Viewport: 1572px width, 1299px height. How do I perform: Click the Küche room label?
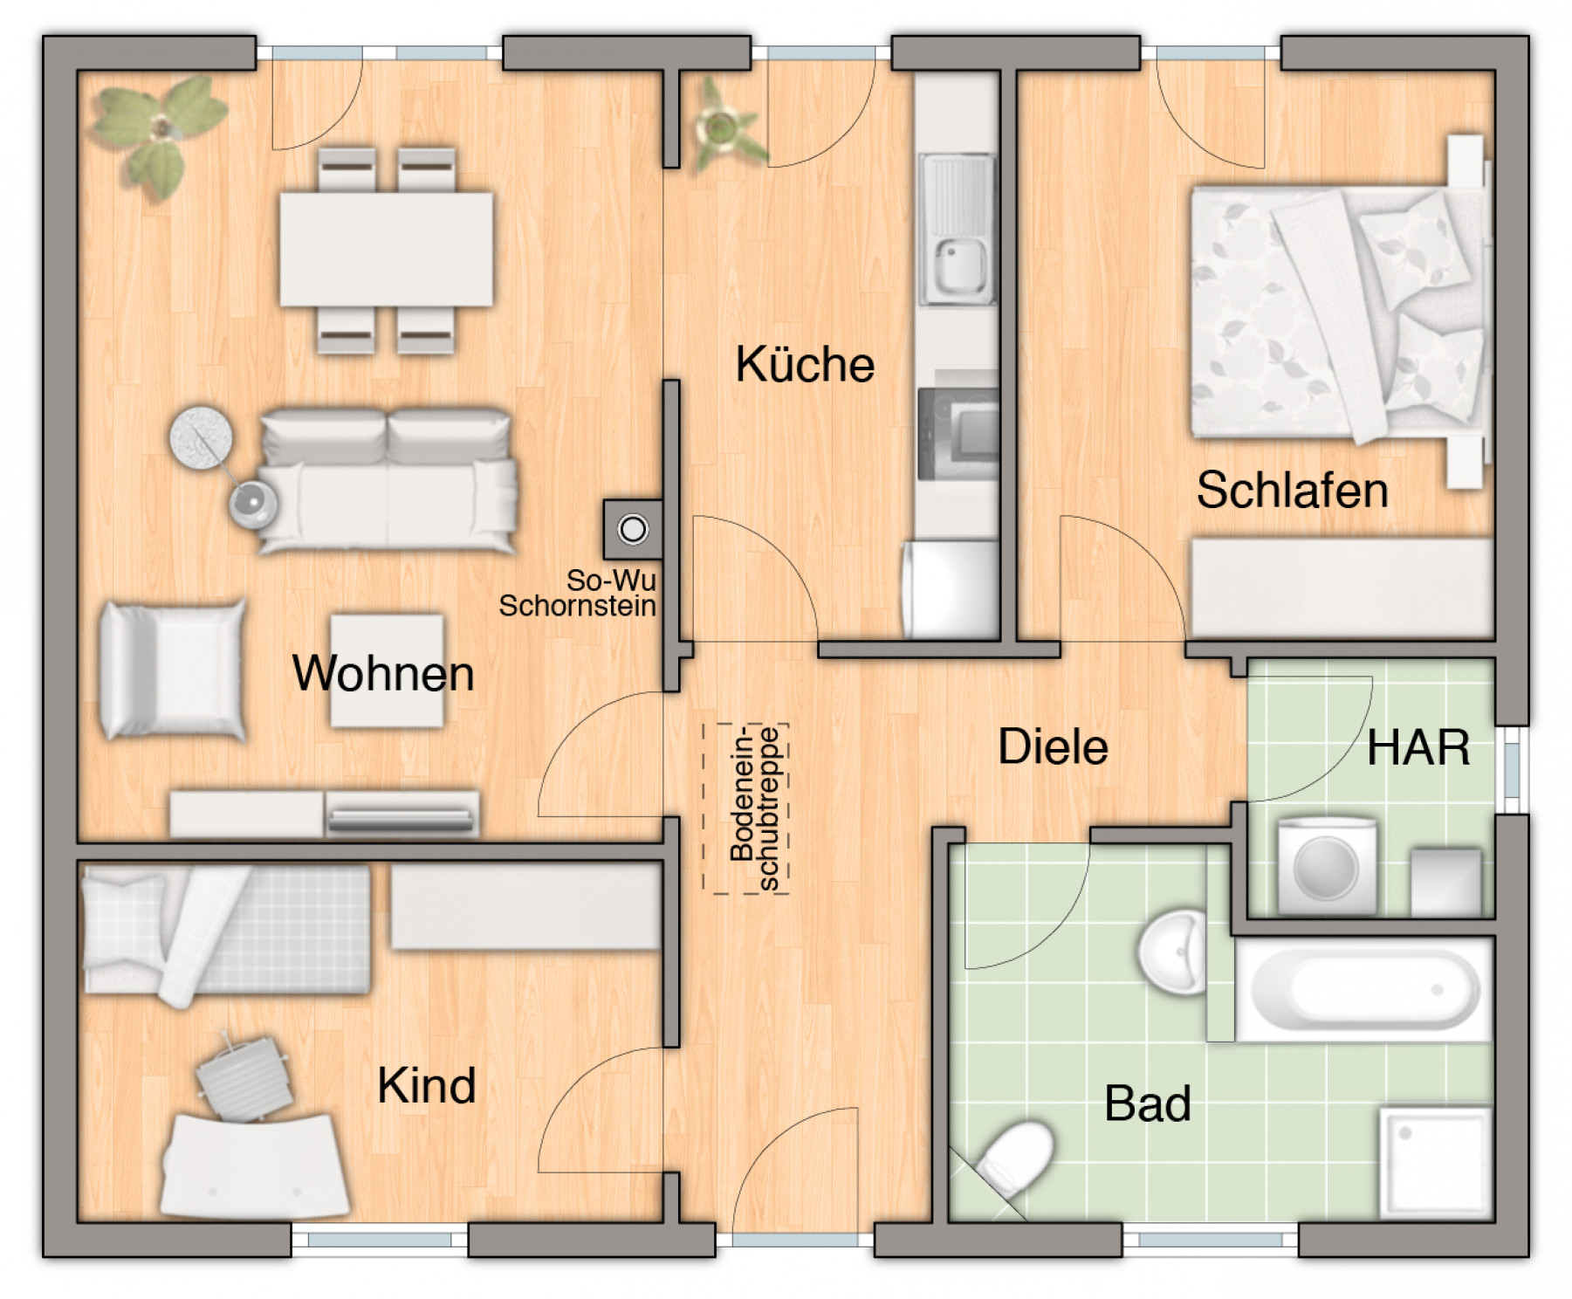tap(804, 364)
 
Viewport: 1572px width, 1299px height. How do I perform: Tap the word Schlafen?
tap(1291, 490)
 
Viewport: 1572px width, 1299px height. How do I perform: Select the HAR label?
tap(1418, 748)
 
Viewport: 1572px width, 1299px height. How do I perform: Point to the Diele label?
tap(1052, 747)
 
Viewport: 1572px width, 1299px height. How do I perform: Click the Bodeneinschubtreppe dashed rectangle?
tap(746, 808)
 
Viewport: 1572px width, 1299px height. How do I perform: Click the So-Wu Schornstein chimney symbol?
tap(633, 529)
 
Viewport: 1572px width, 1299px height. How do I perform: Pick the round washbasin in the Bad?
tap(1173, 952)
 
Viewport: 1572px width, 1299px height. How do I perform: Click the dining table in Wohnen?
tap(386, 250)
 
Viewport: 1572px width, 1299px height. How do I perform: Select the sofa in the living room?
tap(387, 481)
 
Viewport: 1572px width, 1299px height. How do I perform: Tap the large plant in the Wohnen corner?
tap(160, 131)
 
